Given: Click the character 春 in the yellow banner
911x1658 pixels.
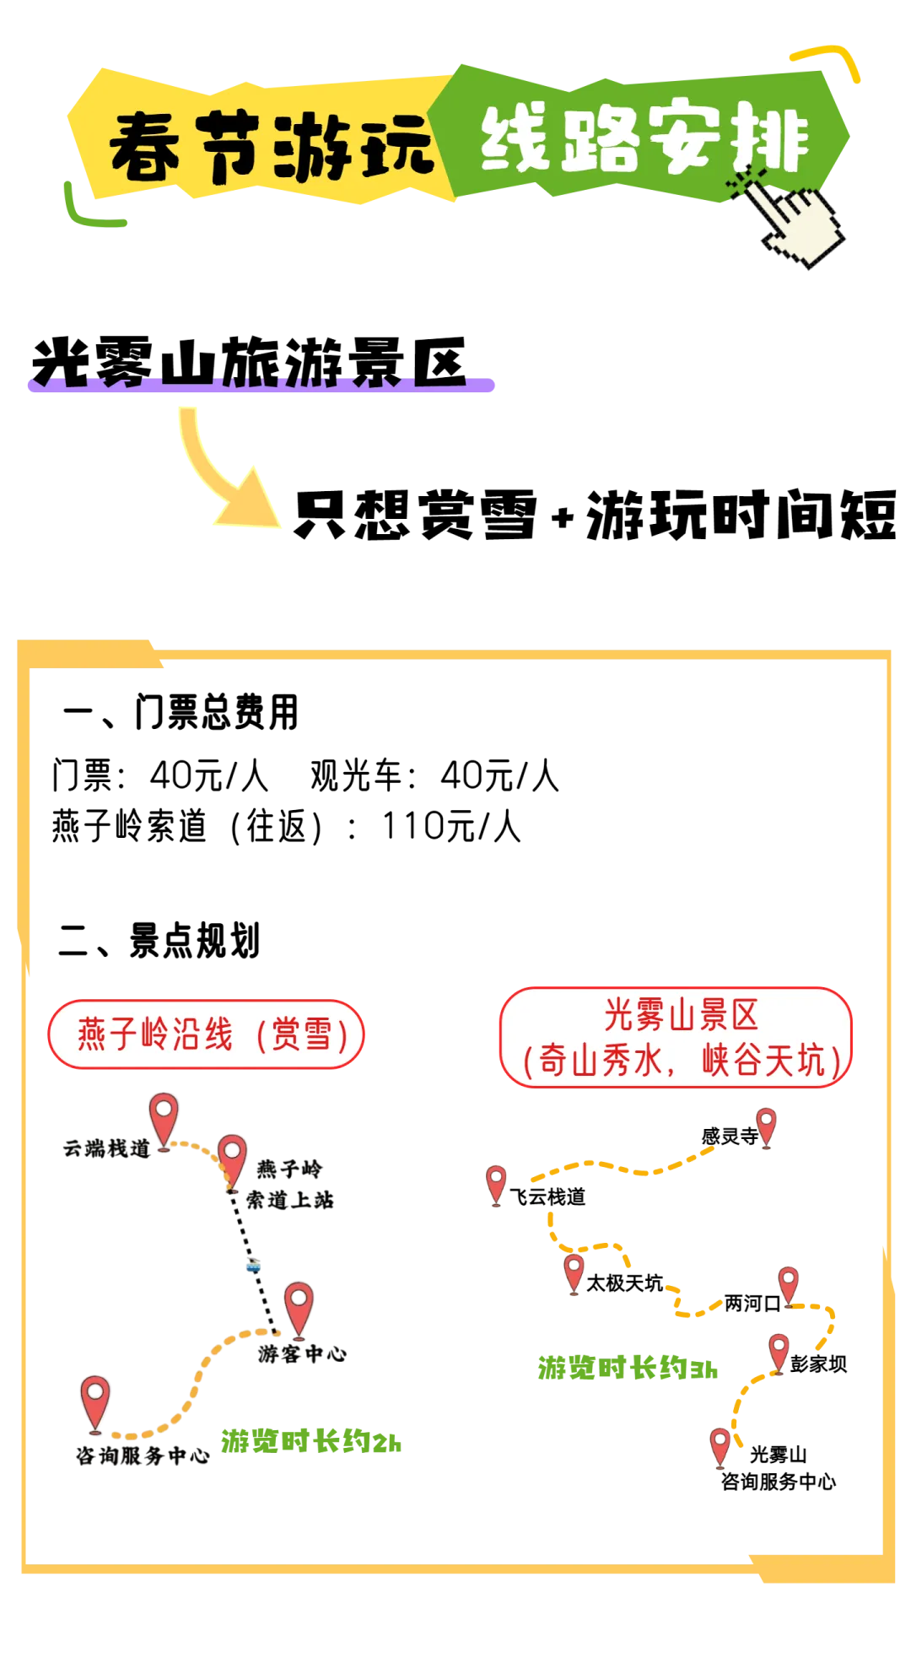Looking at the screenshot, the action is tap(145, 147).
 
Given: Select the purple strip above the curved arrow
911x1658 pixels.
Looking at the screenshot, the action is tap(261, 384).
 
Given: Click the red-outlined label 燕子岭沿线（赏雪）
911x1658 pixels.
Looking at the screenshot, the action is tap(206, 1034).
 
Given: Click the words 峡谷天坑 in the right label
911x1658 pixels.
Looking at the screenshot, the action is tap(763, 1061).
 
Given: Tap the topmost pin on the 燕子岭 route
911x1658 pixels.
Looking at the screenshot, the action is tap(164, 1118).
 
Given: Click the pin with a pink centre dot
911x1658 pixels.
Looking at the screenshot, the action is tap(232, 1158).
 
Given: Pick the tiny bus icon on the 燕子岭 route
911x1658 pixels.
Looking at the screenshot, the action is tap(252, 1266).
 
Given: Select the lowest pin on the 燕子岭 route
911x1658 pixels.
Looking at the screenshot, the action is tap(95, 1402).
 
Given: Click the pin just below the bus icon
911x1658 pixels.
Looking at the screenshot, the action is tap(299, 1308).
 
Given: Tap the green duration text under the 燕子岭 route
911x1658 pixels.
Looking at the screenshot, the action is tap(311, 1442).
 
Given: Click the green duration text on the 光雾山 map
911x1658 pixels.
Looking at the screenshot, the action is tap(628, 1368).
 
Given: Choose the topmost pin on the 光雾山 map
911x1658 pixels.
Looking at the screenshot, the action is tap(766, 1126).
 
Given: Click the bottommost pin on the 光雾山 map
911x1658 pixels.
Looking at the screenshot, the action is tap(720, 1445).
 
